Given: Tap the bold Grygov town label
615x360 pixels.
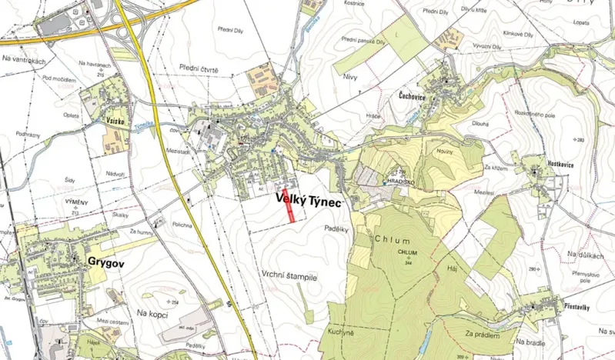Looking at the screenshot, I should [106, 262].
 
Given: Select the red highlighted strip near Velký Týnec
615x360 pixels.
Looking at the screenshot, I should [290, 205].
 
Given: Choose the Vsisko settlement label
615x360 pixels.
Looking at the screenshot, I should [112, 121].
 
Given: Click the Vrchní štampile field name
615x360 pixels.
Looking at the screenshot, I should [289, 274].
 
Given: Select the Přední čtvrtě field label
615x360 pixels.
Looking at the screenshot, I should [199, 69].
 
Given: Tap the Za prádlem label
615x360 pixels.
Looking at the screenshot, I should [483, 334].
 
